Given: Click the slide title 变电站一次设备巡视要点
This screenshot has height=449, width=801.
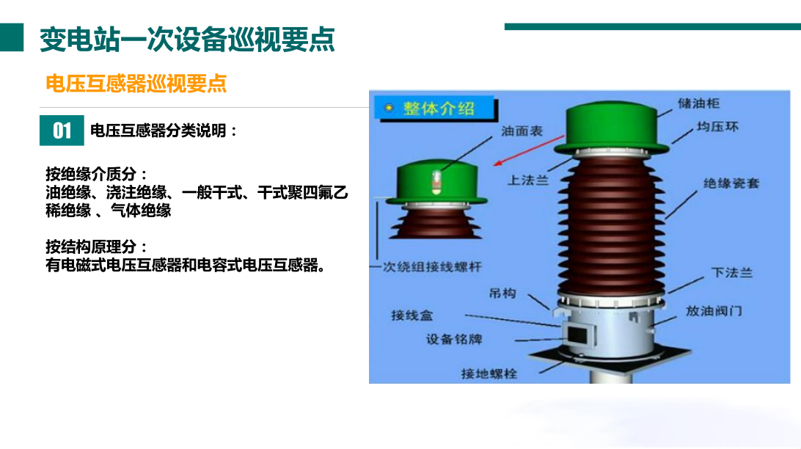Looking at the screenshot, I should click(187, 40).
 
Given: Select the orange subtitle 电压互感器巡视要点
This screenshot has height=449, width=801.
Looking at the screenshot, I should click(136, 83).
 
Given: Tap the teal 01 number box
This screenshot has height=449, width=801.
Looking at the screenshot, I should click(62, 131).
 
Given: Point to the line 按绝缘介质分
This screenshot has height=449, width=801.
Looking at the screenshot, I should click(96, 175).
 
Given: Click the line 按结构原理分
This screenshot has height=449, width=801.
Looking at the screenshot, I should click(96, 247).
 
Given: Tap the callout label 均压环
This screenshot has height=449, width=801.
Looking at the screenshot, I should click(717, 127).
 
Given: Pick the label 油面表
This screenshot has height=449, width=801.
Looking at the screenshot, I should click(522, 131).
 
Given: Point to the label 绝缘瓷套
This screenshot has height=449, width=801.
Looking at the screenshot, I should click(731, 183).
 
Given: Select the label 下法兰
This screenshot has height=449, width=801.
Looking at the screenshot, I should click(731, 273).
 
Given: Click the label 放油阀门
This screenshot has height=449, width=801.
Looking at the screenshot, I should click(714, 310).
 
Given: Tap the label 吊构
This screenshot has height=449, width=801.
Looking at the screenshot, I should click(502, 293).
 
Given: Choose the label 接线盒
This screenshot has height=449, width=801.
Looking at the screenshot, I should click(412, 315).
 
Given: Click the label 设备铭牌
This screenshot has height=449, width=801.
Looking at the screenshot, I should click(455, 340).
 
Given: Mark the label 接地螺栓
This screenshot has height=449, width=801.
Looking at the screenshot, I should click(489, 373).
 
